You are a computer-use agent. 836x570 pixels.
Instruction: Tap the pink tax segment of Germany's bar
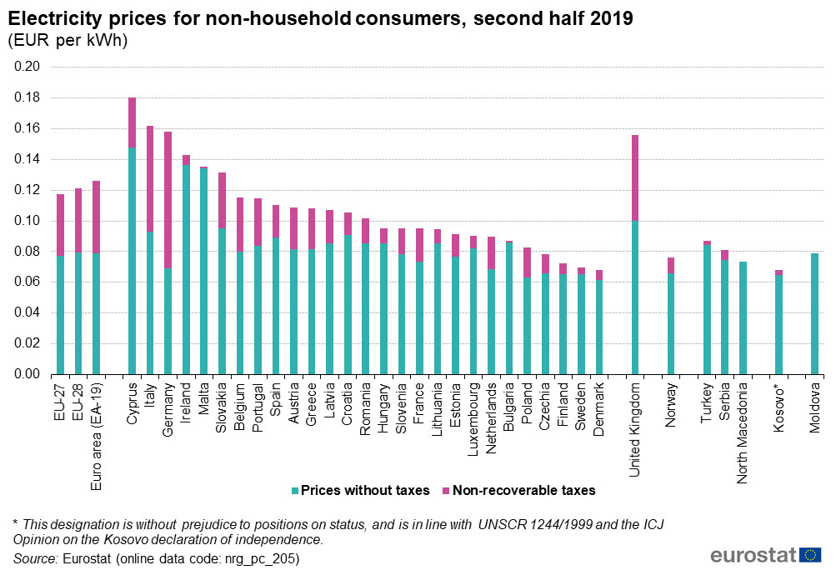[168, 200]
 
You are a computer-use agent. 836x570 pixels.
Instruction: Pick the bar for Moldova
[815, 313]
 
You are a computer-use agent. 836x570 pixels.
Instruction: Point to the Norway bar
[671, 321]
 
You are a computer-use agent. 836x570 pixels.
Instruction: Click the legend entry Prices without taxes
[359, 491]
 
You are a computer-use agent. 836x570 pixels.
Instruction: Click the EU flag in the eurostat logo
[809, 555]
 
